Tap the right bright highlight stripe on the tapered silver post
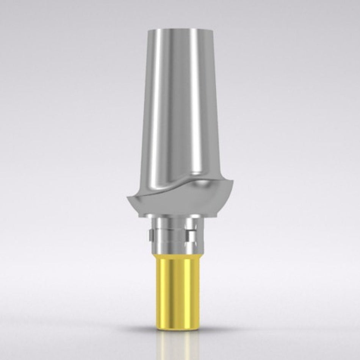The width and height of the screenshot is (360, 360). (193, 106)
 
